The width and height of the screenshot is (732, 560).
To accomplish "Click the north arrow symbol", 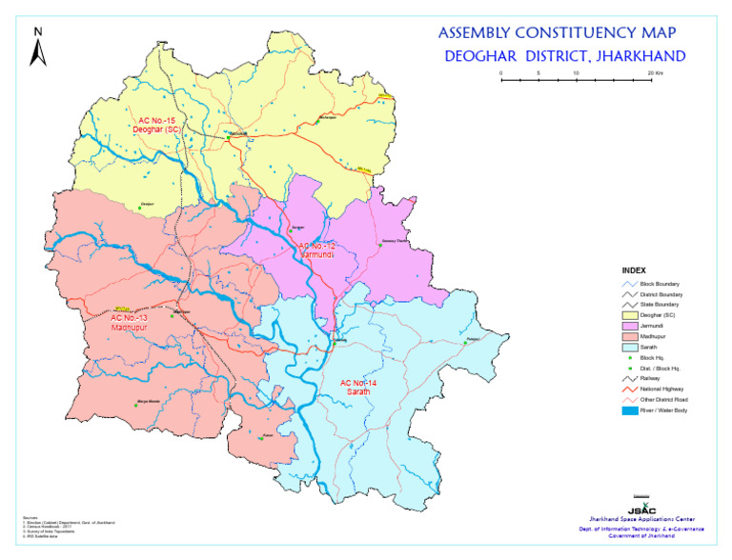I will [x=37, y=49].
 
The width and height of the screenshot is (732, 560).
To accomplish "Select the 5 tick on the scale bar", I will [x=539, y=73].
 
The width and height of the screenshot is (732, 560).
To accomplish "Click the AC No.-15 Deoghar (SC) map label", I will [x=159, y=124].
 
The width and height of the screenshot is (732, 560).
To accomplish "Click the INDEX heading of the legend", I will [x=636, y=270].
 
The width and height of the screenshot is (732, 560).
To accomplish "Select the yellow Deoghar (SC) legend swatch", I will [x=629, y=315].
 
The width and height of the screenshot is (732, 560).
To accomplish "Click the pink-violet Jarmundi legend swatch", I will [x=629, y=326].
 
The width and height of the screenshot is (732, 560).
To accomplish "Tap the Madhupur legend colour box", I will [x=629, y=337].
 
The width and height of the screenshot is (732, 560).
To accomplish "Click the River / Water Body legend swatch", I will [x=629, y=410].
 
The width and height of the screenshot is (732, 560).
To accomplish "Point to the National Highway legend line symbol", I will [x=629, y=390].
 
